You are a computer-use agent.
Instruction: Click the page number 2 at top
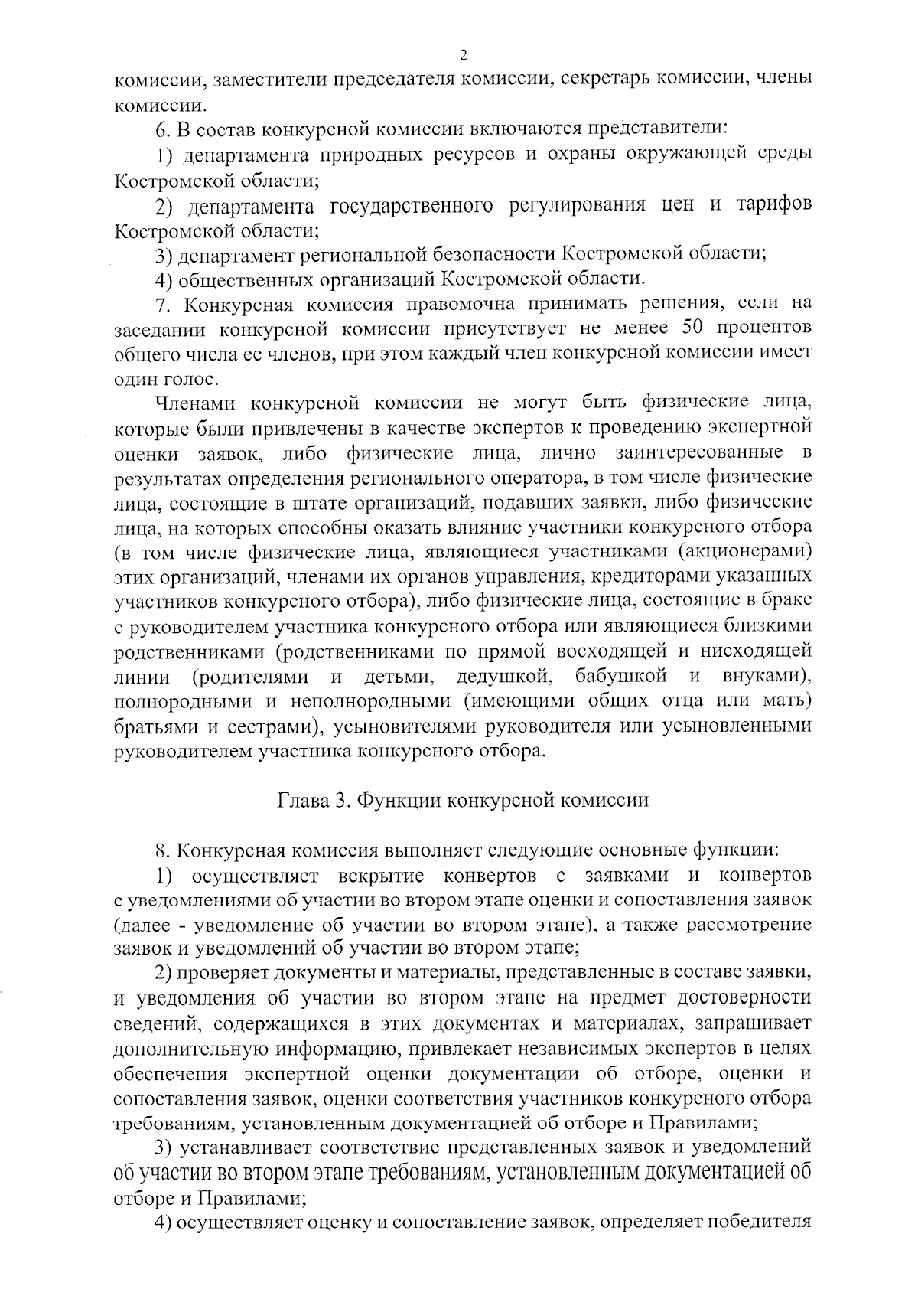point(462,54)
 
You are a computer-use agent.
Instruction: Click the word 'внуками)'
point(767,676)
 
